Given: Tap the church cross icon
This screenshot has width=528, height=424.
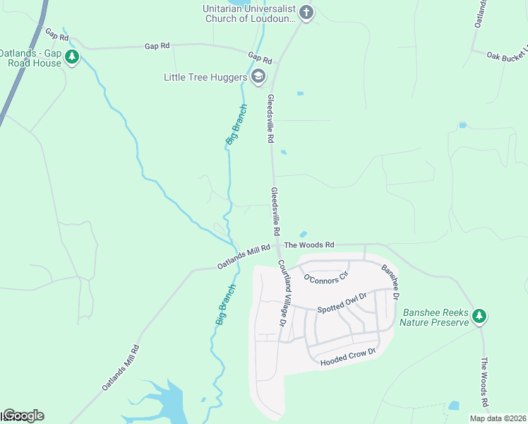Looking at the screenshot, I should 306,12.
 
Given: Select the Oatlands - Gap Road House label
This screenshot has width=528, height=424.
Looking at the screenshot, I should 30,57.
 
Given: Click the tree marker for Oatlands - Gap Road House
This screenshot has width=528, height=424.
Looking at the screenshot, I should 71,57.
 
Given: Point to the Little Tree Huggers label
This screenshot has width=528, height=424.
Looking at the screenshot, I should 205,77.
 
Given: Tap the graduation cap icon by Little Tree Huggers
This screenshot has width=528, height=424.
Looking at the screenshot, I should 258,76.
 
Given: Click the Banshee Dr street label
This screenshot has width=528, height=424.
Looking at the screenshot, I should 390,278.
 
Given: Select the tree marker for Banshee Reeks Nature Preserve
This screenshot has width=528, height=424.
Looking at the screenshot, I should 479,315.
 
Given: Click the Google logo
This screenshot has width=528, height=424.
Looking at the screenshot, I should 24,416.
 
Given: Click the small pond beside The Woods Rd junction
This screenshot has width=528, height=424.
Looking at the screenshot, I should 303,234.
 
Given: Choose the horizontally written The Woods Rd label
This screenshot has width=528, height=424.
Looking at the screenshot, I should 309,245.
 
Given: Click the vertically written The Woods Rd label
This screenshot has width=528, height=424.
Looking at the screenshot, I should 485,382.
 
